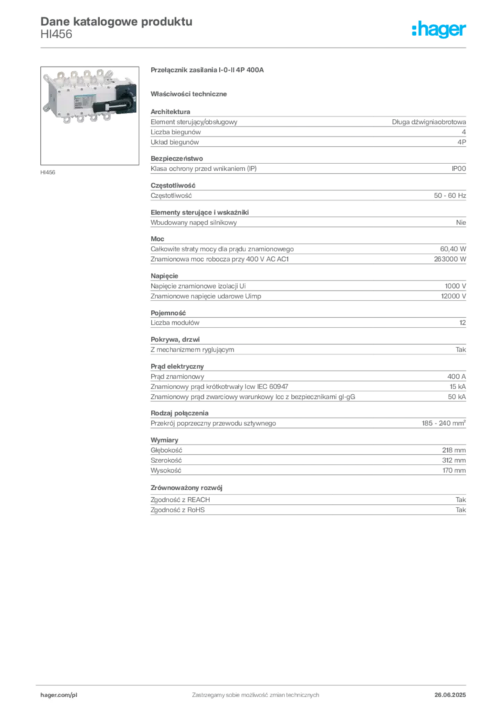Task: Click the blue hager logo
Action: pos(440,29)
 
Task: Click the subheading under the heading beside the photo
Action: pos(191,93)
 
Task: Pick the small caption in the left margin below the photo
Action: pos(50,172)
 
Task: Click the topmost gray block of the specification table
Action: pos(307,129)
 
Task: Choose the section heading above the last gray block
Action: pos(189,488)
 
